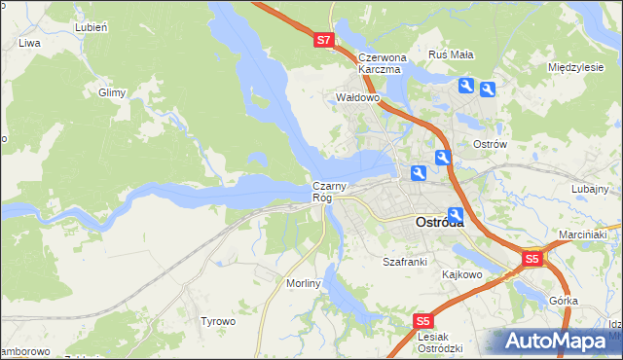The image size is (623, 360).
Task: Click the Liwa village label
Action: (29, 44)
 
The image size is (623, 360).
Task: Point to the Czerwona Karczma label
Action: (380, 63)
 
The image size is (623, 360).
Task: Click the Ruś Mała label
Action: (451, 54)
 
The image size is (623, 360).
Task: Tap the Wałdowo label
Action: (356, 98)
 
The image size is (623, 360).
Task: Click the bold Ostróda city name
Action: (439, 222)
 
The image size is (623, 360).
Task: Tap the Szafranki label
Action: (405, 262)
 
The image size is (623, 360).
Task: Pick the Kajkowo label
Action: (462, 274)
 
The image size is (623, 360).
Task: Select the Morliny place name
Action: (304, 282)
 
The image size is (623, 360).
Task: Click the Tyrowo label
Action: (218, 321)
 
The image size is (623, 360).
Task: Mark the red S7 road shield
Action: (324, 41)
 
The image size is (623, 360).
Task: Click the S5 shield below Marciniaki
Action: (531, 259)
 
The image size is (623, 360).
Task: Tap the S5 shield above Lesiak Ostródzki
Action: (422, 320)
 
